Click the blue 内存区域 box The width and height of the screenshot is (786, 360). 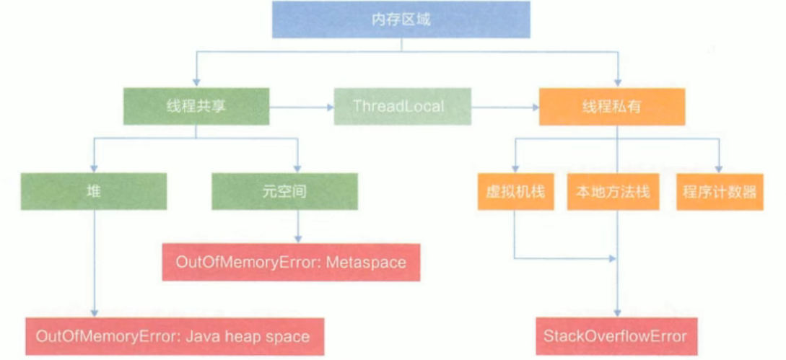coord(401,19)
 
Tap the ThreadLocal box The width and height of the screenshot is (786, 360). coord(402,106)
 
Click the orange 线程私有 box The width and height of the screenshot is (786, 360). coord(611,106)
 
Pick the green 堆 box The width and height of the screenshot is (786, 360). coord(94,192)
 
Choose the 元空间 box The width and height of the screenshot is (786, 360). coord(284,192)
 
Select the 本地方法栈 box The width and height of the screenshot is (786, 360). coord(613,192)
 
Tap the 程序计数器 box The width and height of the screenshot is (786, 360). coord(719,192)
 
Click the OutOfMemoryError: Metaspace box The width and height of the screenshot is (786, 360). coord(292,262)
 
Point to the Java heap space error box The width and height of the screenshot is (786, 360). coord(173,336)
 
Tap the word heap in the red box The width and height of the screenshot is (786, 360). coord(239,336)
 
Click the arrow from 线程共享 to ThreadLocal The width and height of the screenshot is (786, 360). coord(302,107)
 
